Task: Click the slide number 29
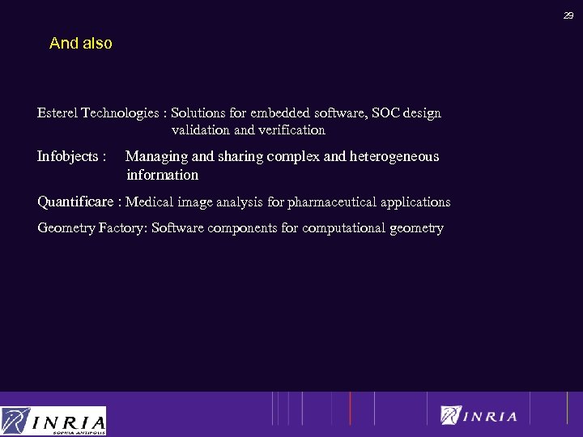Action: point(568,15)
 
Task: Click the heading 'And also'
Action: point(80,44)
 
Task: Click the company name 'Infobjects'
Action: point(68,157)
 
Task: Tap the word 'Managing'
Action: point(156,157)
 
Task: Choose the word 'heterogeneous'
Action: point(394,157)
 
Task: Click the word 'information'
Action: point(162,175)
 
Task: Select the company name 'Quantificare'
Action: point(75,202)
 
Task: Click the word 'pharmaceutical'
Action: point(328,202)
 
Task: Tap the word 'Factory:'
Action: point(123,228)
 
